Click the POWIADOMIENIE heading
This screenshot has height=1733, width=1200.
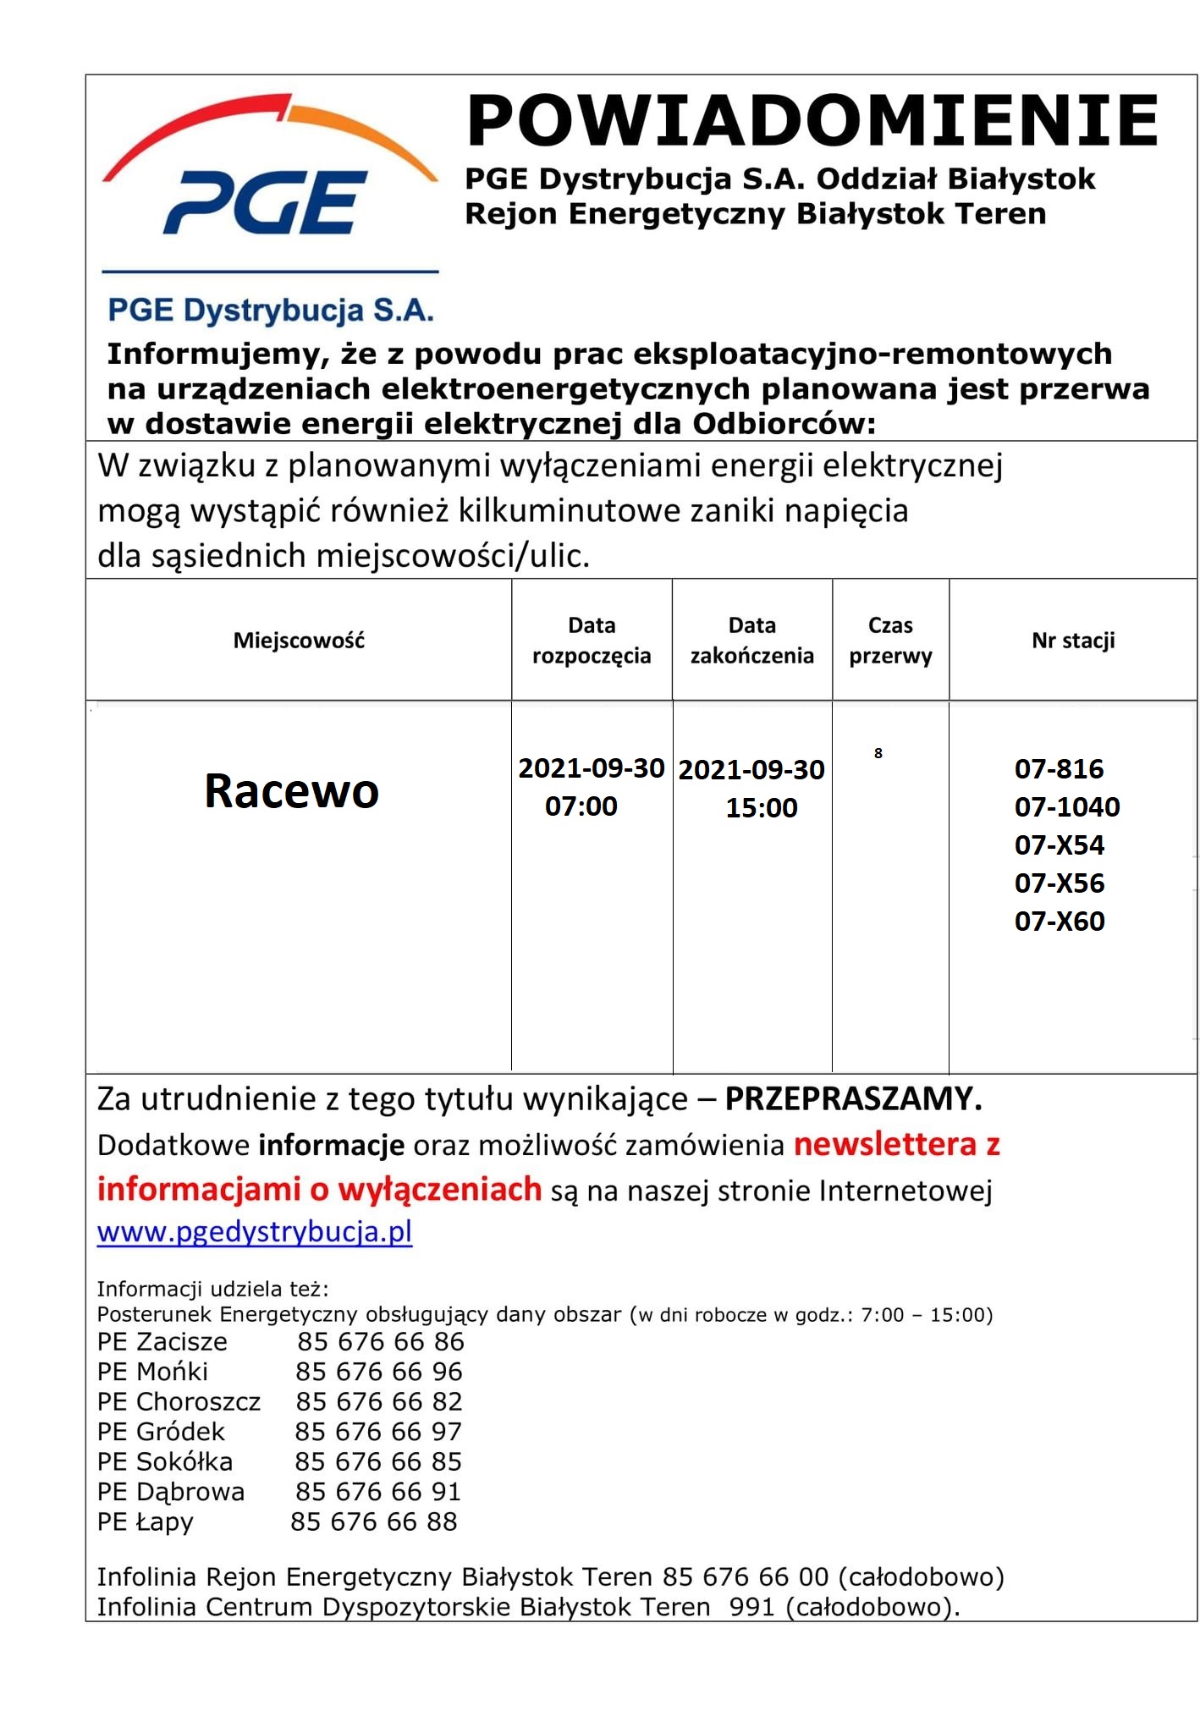(812, 121)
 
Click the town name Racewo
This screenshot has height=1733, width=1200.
(292, 791)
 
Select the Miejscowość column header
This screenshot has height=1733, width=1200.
(299, 641)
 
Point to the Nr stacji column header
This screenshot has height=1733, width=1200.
(1073, 641)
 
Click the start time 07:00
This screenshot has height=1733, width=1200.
(581, 806)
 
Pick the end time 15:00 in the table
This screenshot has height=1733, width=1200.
(762, 808)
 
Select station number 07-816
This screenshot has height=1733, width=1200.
(1059, 769)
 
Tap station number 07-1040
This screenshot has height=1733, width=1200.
(1067, 807)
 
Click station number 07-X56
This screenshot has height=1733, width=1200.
(1060, 883)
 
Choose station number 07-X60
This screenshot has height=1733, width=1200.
(1060, 922)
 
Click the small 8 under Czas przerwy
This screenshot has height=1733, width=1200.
(878, 753)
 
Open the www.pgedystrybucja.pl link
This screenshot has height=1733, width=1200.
(255, 1231)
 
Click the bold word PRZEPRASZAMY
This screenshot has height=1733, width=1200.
(853, 1099)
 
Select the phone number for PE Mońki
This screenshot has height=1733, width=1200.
(379, 1372)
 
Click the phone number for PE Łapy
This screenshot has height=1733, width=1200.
(374, 1522)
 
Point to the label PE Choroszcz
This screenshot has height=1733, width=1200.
(179, 1402)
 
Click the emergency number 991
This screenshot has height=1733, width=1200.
(751, 1607)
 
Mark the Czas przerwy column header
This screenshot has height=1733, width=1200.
(890, 641)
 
